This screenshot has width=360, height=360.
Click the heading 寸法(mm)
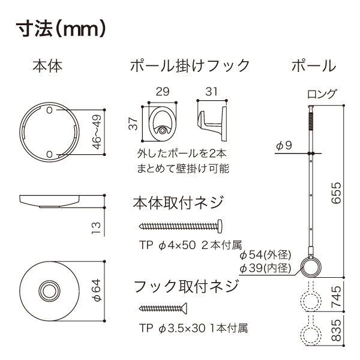coord(61,29)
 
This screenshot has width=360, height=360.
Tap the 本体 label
coord(47,66)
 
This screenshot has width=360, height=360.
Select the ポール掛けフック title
coord(190,65)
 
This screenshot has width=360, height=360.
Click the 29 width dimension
coord(163,92)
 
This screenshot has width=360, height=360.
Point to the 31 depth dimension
coord(211,92)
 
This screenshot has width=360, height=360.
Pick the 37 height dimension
coord(133,124)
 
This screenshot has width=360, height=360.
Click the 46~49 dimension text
coord(97,132)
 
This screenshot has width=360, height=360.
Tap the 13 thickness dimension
coord(96,228)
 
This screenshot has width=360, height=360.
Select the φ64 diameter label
coord(96,290)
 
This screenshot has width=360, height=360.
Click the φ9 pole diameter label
coord(284,145)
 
